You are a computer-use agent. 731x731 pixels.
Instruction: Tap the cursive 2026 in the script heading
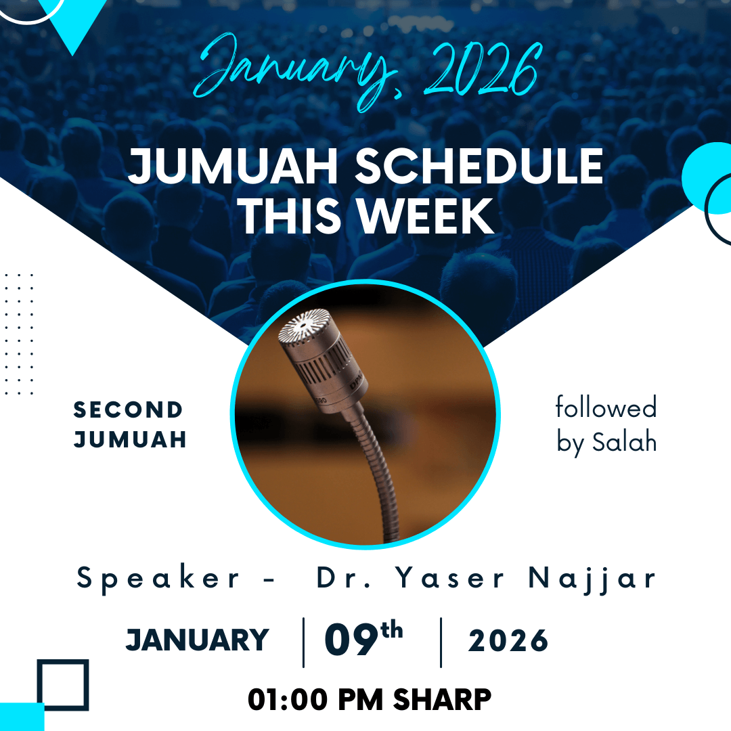pos(483,69)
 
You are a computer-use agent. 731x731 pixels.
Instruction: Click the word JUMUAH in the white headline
pos(233,167)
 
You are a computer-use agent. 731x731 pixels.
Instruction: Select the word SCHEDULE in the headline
pos(479,166)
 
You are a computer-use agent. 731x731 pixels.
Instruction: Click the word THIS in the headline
pos(290,216)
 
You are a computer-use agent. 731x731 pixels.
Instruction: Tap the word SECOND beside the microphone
pos(128,409)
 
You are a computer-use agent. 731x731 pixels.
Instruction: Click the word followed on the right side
pos(606,407)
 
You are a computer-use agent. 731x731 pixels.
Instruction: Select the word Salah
pos(624,441)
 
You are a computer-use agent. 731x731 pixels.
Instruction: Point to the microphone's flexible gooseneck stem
pos(374,471)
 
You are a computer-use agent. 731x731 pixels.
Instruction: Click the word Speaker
pos(158,579)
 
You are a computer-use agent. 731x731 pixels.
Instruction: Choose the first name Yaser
pos(450,578)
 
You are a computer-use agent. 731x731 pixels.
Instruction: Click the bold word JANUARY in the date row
pos(198,640)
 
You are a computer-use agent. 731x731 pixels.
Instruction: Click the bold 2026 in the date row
pos(508,640)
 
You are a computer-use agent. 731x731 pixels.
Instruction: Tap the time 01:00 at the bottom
pos(288,700)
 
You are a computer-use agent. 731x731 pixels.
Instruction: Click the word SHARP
pos(442,700)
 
